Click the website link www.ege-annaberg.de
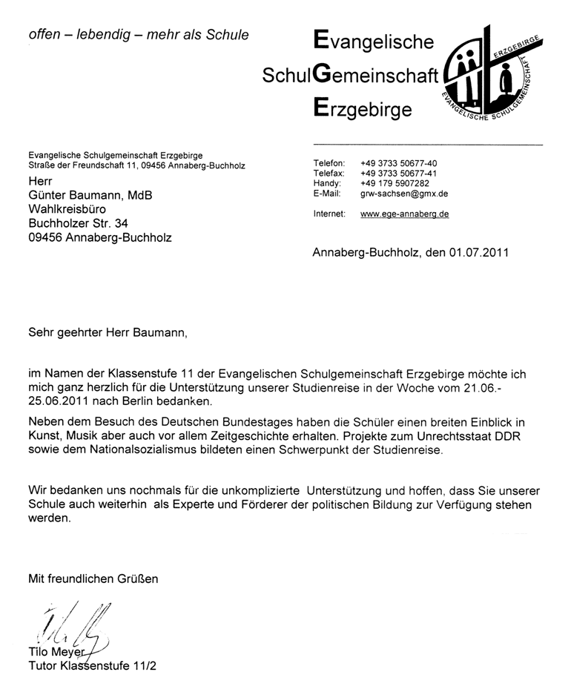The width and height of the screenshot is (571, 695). pyautogui.click(x=404, y=214)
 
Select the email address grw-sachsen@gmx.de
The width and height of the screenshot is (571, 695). pyautogui.click(x=404, y=194)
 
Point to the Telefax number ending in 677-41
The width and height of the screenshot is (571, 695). pyautogui.click(x=399, y=173)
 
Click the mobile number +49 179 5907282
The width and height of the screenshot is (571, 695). pyautogui.click(x=395, y=183)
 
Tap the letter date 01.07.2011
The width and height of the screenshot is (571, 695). pyautogui.click(x=478, y=252)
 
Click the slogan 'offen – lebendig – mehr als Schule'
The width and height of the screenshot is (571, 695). pyautogui.click(x=138, y=34)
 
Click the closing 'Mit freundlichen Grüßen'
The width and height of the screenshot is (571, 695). pyautogui.click(x=93, y=578)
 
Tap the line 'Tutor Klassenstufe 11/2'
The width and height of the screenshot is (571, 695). pyautogui.click(x=92, y=665)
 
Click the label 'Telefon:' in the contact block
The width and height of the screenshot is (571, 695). pyautogui.click(x=330, y=162)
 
